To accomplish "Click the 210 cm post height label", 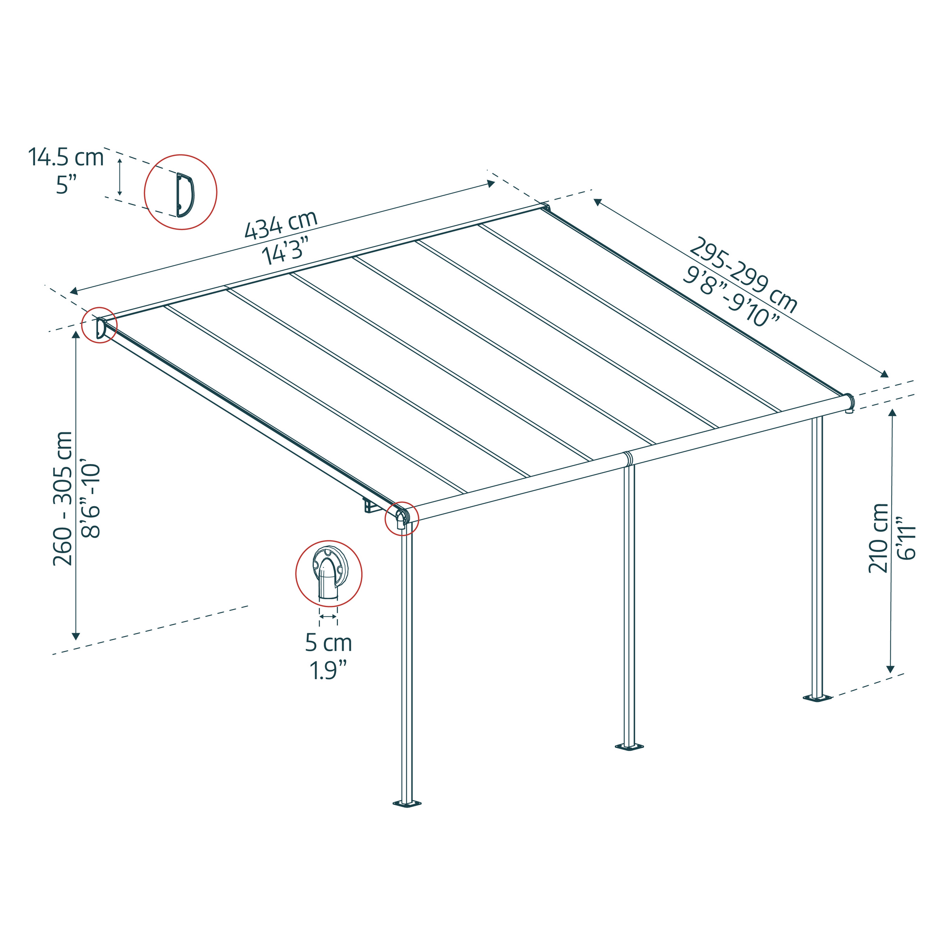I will tap(878, 538).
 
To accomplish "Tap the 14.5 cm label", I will tap(66, 157).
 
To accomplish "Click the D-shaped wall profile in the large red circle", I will tap(184, 195).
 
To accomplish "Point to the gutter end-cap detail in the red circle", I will tap(329, 572).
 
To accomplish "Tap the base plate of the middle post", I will tap(629, 747).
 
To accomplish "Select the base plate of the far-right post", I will tap(818, 698).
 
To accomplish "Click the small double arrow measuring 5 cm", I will tap(328, 616).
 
